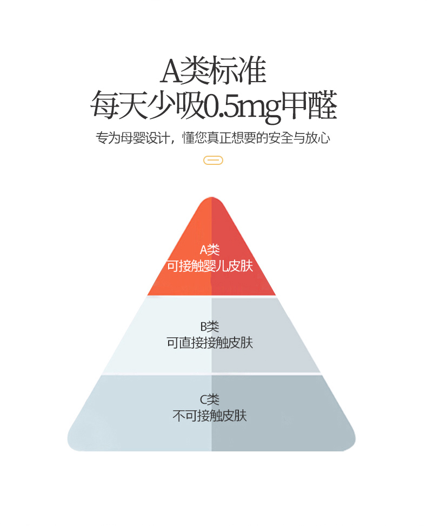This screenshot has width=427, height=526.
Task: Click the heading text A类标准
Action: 213,70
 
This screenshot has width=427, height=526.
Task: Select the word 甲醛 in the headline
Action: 309,105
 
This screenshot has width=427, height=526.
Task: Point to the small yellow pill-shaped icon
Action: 213,161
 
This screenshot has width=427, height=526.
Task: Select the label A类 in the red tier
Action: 210,250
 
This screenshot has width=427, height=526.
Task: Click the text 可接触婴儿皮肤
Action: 210,266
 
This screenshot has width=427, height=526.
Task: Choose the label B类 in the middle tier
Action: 210,327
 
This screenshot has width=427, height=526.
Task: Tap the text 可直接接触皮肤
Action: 210,343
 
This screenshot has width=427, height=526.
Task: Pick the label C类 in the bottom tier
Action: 210,400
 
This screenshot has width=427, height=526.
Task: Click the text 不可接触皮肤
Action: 210,416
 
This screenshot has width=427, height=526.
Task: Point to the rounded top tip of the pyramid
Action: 211,198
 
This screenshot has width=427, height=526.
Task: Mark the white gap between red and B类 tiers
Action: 211,297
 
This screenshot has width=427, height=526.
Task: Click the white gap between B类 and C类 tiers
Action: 211,374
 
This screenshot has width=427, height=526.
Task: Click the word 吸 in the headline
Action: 190,105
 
